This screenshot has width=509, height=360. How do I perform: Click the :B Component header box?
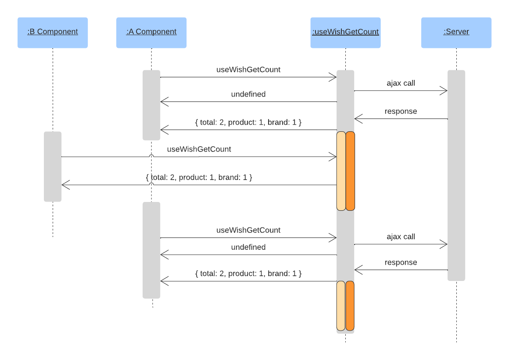[x=53, y=32]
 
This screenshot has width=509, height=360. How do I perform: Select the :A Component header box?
[x=151, y=32]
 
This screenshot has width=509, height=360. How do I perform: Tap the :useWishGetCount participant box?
[x=345, y=32]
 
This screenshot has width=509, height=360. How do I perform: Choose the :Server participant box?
[x=456, y=32]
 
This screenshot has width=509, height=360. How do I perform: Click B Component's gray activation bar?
[x=53, y=167]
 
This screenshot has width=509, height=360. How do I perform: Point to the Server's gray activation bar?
[x=456, y=176]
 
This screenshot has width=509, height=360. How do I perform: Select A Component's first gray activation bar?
[x=151, y=105]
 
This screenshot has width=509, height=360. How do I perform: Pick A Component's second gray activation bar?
[x=151, y=250]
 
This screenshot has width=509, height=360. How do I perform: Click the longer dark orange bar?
[x=350, y=171]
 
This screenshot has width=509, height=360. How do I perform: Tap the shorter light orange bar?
[x=341, y=306]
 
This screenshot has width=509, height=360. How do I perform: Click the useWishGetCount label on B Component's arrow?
[x=199, y=149]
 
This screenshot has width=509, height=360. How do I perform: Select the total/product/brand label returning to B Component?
[x=199, y=178]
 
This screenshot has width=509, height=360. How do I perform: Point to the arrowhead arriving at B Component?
[x=64, y=185]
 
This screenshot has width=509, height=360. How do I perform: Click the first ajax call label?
[x=401, y=83]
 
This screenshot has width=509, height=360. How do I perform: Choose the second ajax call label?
[x=401, y=237]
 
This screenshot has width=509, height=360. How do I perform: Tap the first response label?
[x=401, y=112]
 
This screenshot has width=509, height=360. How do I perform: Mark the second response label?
[x=401, y=263]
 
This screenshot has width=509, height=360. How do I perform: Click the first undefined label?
[x=248, y=94]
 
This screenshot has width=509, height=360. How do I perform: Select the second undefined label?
[x=248, y=247]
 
